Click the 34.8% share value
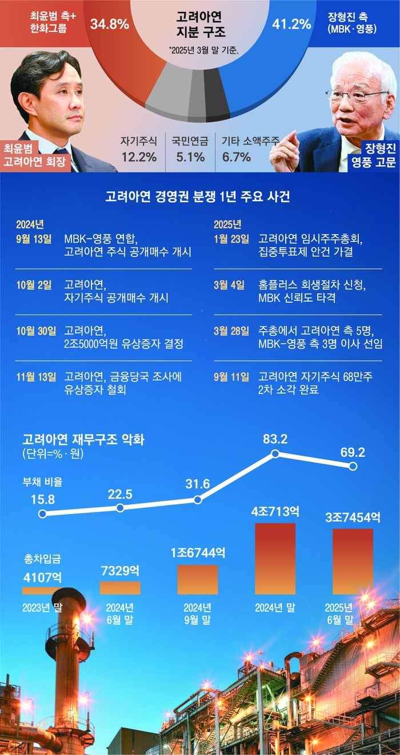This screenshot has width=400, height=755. (109, 25)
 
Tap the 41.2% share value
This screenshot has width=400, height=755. (291, 24)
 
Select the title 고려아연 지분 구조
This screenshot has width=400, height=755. (200, 25)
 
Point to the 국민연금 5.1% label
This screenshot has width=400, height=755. (191, 148)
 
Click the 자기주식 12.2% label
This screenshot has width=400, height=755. (138, 148)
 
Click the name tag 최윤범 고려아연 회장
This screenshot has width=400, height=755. (33, 156)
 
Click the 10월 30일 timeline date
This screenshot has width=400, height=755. (37, 331)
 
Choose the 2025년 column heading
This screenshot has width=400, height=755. (227, 223)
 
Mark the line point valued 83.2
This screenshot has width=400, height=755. (275, 454)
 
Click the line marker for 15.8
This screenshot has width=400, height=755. (42, 514)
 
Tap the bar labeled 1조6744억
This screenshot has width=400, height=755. (197, 580)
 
